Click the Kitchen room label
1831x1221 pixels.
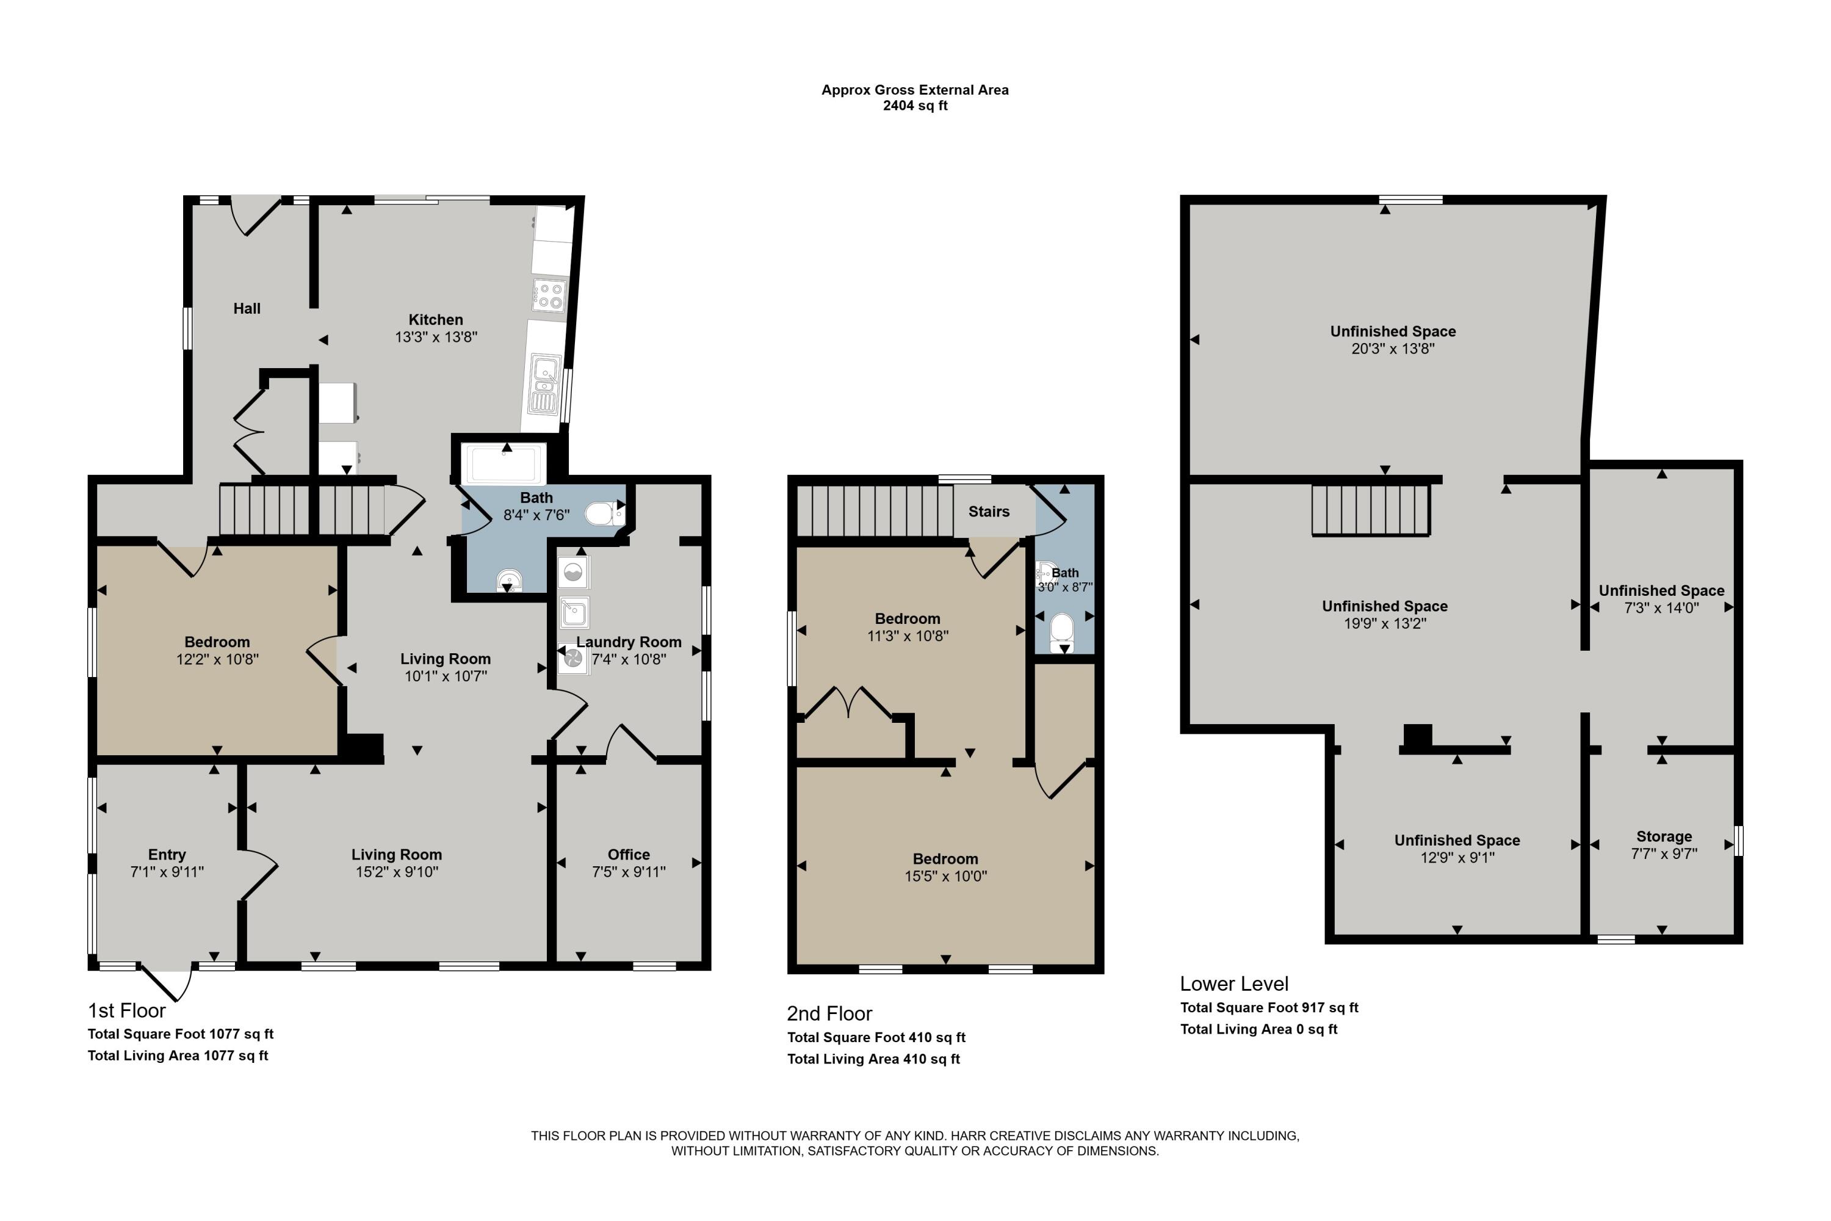(x=435, y=319)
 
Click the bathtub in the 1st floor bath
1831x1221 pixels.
(x=503, y=464)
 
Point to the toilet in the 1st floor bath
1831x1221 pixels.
(x=602, y=514)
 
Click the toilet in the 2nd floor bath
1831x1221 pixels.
(x=1062, y=629)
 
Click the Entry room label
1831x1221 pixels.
(x=167, y=854)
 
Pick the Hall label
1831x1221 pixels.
(x=247, y=308)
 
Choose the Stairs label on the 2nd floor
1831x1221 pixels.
(x=989, y=512)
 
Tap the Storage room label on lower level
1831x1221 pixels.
(x=1664, y=836)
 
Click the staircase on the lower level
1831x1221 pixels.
(x=1370, y=510)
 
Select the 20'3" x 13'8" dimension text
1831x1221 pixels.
(x=1393, y=348)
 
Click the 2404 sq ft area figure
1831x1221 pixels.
(x=915, y=106)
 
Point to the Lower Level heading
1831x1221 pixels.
(x=1234, y=984)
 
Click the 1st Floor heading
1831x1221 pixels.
(x=126, y=1011)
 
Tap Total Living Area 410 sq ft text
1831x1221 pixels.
(x=873, y=1059)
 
